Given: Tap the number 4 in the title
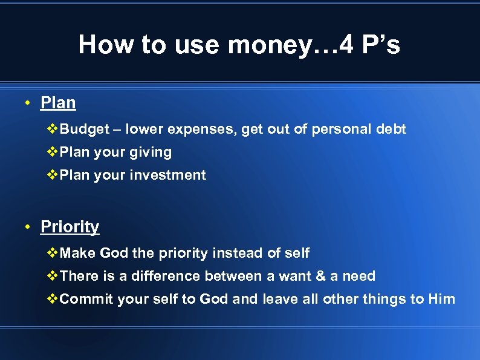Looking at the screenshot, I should pos(347,45).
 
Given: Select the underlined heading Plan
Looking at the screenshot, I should pos(58,103).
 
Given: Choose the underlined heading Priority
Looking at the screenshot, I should pos(70,227).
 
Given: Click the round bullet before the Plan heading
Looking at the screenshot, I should pos(28,103).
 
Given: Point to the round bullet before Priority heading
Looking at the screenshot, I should pos(28,227).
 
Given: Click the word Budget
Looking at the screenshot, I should pos(85,129).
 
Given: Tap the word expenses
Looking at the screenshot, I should pos(203,129).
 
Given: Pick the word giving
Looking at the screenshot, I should pos(151,152).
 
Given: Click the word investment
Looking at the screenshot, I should pos(174,175).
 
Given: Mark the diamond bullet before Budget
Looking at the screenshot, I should pos(53,129).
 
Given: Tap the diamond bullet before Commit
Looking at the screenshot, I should pos(53,299).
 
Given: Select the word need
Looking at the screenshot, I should pos(358,277).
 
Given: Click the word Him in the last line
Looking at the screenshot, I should pos(441,299).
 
